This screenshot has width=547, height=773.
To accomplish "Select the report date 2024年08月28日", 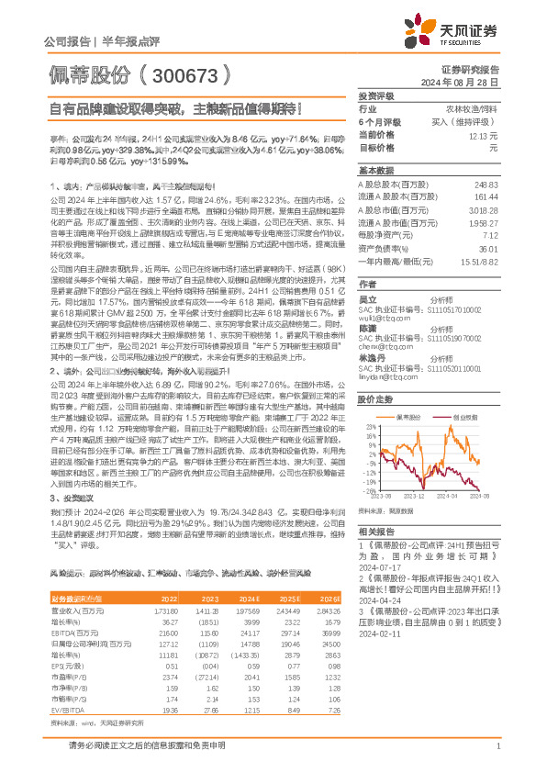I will tap(476, 81).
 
